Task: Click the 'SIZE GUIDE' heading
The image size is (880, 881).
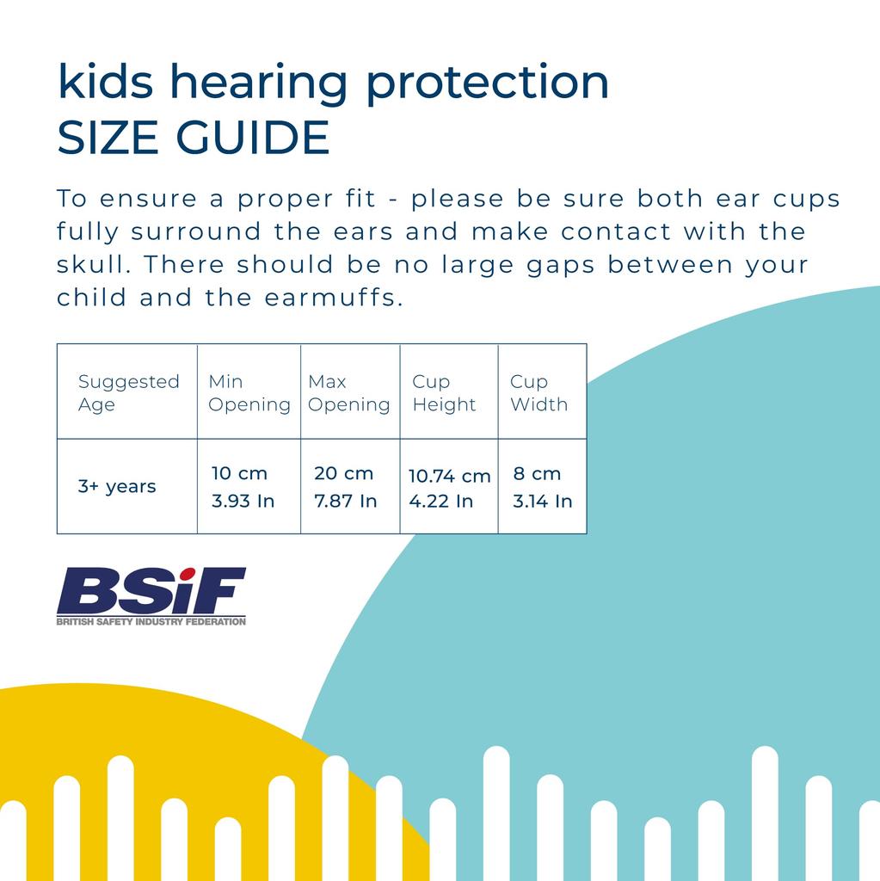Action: (x=194, y=138)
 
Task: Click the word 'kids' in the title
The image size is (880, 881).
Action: (x=105, y=82)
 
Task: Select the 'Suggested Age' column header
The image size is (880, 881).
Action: (x=128, y=393)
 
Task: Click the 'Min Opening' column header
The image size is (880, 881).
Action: (x=249, y=393)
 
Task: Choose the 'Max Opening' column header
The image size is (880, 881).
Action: (x=349, y=393)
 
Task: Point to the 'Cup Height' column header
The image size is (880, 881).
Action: (x=444, y=393)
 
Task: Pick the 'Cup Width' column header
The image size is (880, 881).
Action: (x=538, y=393)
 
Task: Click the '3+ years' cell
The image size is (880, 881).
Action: (x=117, y=487)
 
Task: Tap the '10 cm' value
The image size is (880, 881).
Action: (x=240, y=473)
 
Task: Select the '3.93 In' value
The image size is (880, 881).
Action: (x=243, y=501)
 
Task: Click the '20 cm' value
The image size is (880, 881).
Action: (x=343, y=473)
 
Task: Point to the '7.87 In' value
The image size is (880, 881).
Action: (x=346, y=501)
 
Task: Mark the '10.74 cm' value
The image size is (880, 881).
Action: (x=449, y=476)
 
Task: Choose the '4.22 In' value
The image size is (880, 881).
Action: (x=440, y=501)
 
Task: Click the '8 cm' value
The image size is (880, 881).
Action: (x=537, y=473)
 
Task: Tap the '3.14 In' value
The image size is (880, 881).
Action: (x=542, y=501)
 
